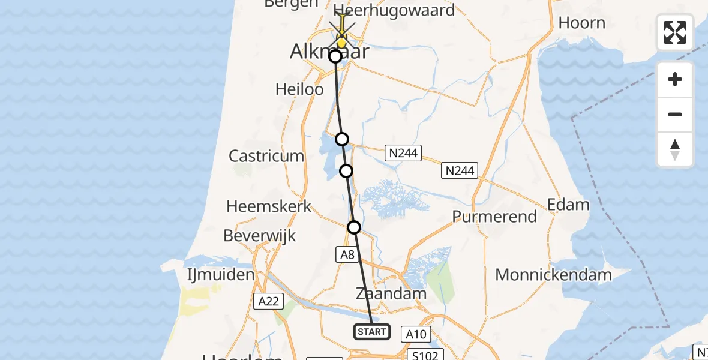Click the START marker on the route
coord(372,332)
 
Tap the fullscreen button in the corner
coord(675,32)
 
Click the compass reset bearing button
coord(675,149)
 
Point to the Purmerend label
coord(494,217)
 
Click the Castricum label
coord(266,156)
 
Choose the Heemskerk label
coord(269,207)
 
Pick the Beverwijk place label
coord(260,236)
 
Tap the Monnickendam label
coord(553,275)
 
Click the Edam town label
coord(568,205)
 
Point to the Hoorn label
coord(581,23)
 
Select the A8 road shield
coord(348,255)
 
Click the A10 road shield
coord(418,334)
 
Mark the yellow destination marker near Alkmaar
coord(341,40)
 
